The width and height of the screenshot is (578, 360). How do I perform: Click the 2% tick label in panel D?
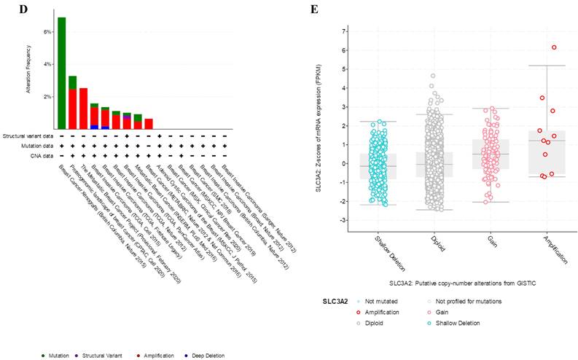48,96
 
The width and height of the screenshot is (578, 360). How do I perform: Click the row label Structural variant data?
28,136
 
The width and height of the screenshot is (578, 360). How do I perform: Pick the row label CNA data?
42,155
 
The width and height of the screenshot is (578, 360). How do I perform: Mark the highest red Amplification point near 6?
554,47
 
